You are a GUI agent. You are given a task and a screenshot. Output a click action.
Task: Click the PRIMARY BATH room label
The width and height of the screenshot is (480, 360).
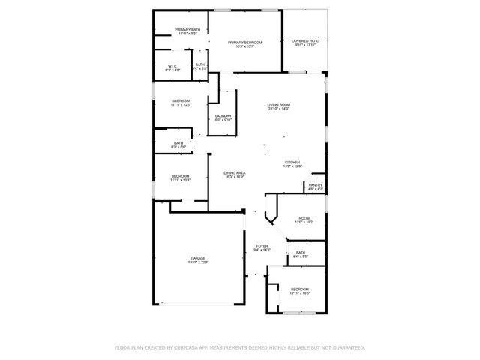[188, 30]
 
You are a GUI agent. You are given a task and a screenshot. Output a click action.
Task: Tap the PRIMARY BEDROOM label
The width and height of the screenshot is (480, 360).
[245, 43]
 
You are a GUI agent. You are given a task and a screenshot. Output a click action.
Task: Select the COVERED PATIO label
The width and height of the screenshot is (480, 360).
[305, 41]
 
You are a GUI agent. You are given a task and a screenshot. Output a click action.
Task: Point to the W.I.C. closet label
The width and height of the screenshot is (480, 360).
[172, 66]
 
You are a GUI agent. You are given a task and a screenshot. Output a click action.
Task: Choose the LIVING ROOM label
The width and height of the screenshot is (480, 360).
[279, 105]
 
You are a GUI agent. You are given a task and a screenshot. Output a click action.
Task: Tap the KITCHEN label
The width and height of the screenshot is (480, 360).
[292, 163]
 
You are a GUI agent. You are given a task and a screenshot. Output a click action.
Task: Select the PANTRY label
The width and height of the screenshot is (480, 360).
[316, 185]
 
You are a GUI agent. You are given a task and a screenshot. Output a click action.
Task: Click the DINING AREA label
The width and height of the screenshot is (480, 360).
[235, 173]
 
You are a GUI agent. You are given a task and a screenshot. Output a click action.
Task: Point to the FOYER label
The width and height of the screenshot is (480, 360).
[262, 246]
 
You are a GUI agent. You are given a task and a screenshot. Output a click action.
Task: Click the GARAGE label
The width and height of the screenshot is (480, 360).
[198, 259]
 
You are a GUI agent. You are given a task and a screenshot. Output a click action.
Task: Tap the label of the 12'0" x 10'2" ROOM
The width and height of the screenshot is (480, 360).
[304, 219]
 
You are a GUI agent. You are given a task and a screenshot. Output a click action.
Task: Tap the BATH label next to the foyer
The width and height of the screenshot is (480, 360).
[300, 253]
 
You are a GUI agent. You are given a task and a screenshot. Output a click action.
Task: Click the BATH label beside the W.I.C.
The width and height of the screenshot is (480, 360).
[199, 65]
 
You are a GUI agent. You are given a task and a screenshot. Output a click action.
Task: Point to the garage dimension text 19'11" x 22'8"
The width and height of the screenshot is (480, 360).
[198, 262]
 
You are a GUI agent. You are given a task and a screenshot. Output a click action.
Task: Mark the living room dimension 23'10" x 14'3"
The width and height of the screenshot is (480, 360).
[279, 109]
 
